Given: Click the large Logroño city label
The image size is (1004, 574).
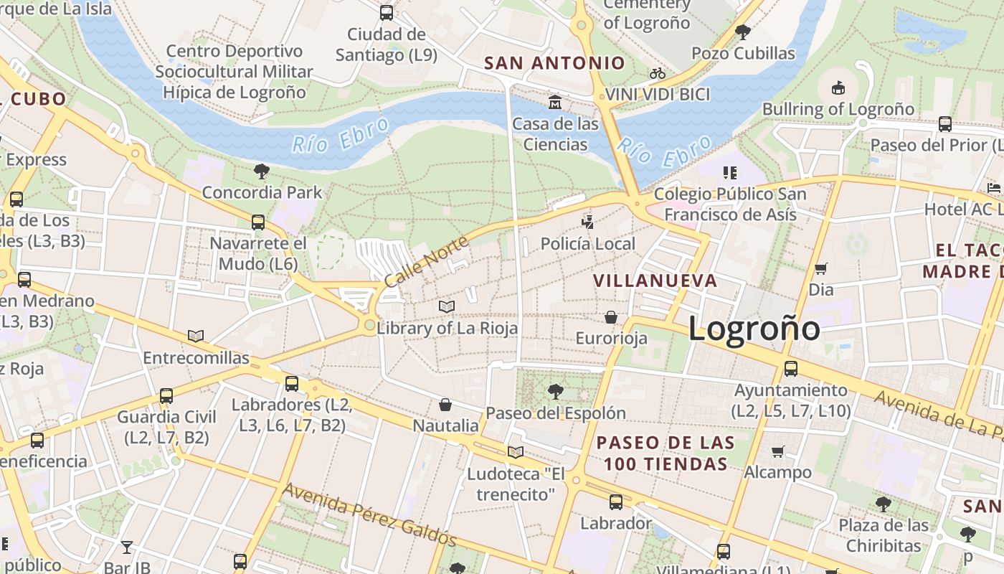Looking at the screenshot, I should [x=754, y=329].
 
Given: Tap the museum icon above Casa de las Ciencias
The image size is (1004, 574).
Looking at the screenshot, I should [x=555, y=103].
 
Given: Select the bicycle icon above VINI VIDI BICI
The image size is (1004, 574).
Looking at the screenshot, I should [x=657, y=73].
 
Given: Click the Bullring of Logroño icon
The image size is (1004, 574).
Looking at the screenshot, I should [x=838, y=88].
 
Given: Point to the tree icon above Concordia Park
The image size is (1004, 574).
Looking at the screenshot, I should [x=262, y=171].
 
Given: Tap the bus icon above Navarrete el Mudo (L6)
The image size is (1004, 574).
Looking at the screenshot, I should [x=258, y=222].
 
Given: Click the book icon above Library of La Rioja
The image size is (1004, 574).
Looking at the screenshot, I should [x=447, y=307].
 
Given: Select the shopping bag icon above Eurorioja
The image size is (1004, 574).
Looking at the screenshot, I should [x=611, y=317].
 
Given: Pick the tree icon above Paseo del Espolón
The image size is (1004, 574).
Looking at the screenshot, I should [x=555, y=392].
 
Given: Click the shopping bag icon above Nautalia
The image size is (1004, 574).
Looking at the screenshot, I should [x=445, y=405].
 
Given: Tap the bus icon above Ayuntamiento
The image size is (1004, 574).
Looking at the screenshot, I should [x=790, y=369].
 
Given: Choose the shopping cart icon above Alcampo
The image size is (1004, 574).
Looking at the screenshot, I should [x=777, y=451].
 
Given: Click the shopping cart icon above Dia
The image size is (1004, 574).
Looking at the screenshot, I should [x=820, y=269].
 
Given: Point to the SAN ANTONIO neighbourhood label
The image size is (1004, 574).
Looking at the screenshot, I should [x=554, y=63].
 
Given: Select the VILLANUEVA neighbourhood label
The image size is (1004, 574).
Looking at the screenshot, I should [x=655, y=281].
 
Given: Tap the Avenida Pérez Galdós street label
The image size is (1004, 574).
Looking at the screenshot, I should [x=369, y=514].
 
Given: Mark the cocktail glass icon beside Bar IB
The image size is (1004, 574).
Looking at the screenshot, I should [x=126, y=547].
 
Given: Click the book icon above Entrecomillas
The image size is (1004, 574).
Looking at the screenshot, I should [x=195, y=336].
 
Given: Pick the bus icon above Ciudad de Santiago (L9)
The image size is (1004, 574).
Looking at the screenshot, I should [x=386, y=12].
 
